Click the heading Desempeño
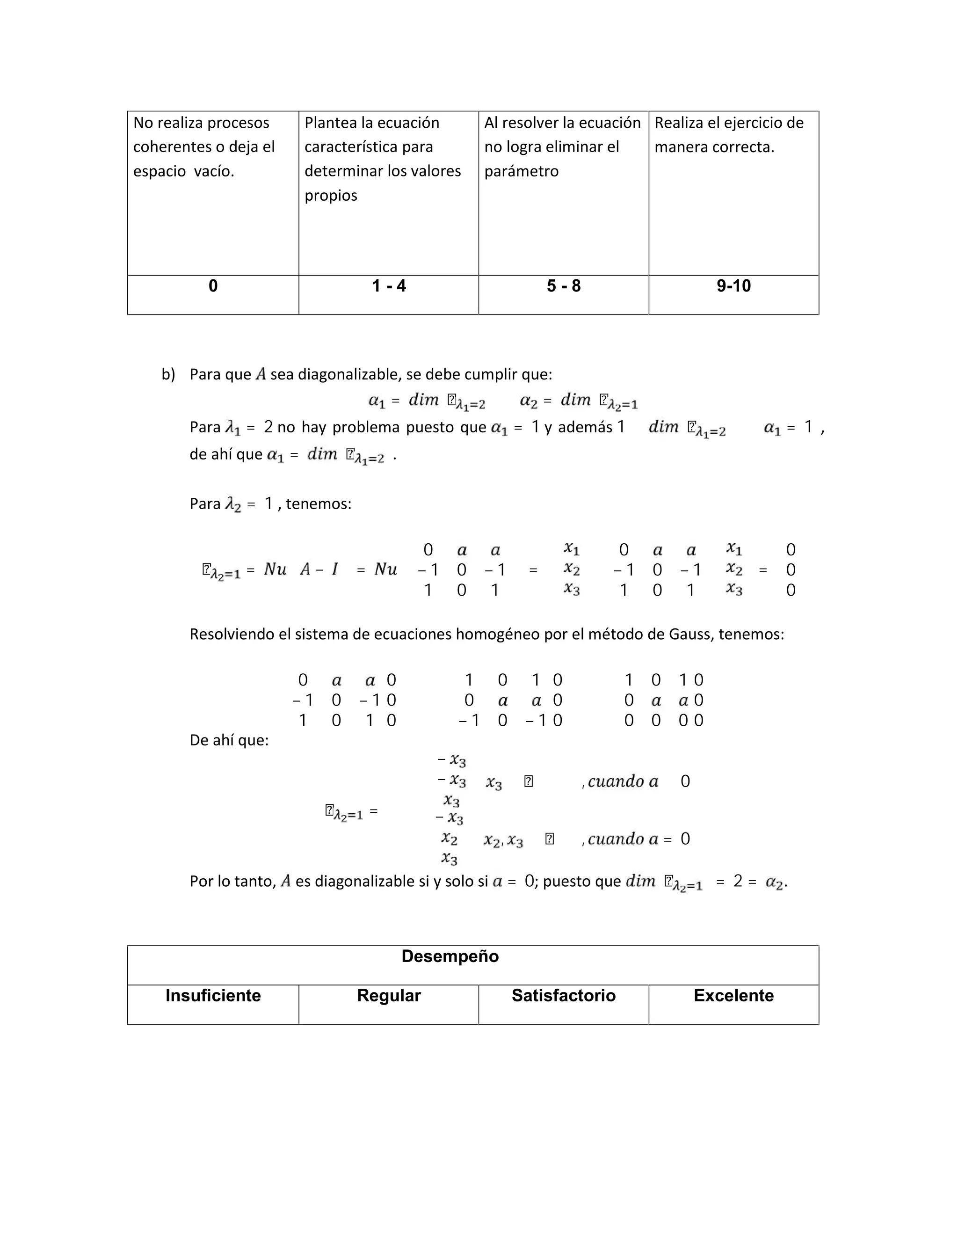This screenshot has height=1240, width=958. point(450,956)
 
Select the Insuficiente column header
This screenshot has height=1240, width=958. point(213,995)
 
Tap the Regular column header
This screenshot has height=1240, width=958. point(389,995)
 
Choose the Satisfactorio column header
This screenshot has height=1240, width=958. point(564,995)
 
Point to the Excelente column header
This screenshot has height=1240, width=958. point(733,995)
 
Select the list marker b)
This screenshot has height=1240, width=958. point(168,375)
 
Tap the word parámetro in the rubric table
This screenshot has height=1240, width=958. point(521,171)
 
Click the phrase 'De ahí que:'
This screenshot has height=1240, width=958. point(229,740)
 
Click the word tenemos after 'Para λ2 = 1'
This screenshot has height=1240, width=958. point(317,504)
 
